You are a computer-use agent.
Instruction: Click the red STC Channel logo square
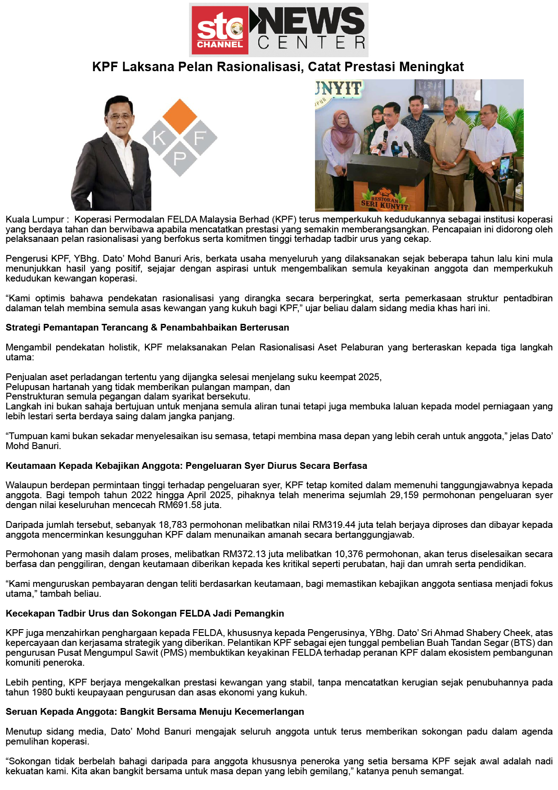220,30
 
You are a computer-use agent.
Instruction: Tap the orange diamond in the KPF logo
180,116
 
